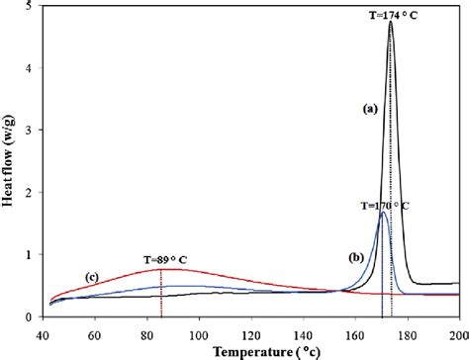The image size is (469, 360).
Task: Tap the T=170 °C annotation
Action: pyautogui.click(x=394, y=207)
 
